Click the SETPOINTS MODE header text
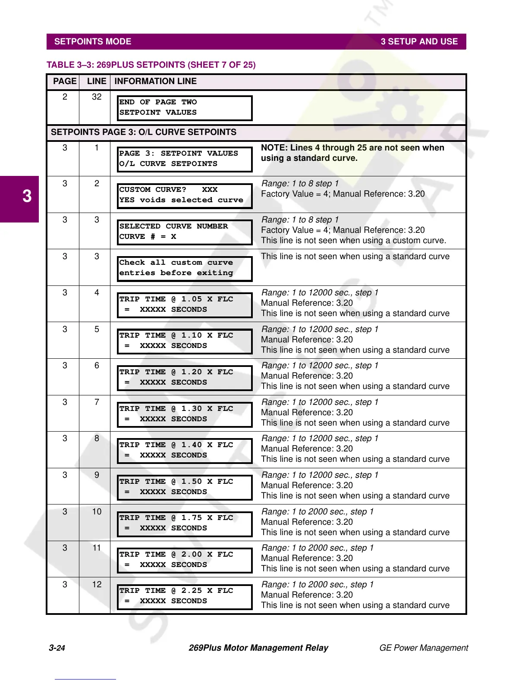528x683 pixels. [x=93, y=42]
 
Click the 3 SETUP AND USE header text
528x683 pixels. [x=419, y=42]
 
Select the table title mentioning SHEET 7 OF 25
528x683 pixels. [x=151, y=65]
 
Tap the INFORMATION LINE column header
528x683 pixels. [x=155, y=81]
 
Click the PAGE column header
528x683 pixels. [x=65, y=81]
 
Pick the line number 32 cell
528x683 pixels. [x=97, y=97]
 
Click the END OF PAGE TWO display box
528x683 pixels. [x=185, y=108]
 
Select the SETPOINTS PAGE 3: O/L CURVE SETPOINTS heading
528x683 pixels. [x=144, y=132]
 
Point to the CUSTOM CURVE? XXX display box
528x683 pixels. [x=185, y=195]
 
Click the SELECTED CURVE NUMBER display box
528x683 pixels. [x=185, y=232]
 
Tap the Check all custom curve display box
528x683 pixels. [x=185, y=268]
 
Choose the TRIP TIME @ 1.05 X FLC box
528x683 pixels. [x=185, y=305]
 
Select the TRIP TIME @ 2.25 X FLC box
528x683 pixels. [x=185, y=596]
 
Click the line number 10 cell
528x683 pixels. [x=97, y=512]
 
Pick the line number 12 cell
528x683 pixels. [x=97, y=585]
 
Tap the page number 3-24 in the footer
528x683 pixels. [x=57, y=648]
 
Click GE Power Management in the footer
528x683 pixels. [x=423, y=648]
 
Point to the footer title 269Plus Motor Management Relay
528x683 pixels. [x=258, y=648]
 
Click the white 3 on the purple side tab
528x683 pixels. [x=27, y=197]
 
